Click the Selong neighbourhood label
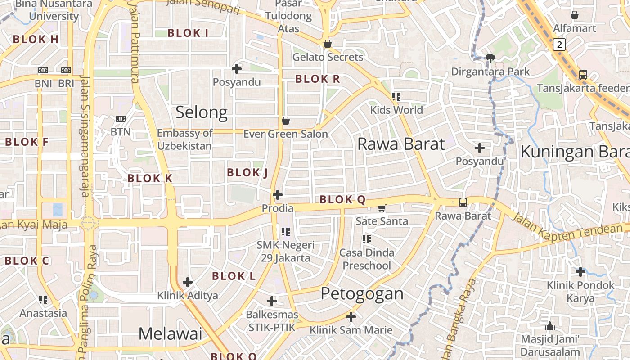tap(201, 112)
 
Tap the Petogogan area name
tap(362, 294)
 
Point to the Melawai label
tap(170, 333)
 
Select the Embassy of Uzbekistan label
tap(184, 139)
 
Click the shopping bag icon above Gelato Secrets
tap(328, 44)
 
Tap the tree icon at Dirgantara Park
tap(490, 58)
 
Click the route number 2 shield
tap(559, 45)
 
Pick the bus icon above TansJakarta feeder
tap(583, 74)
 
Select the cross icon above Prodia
tap(278, 195)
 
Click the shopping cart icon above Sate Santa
tap(382, 208)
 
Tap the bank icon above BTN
tap(120, 119)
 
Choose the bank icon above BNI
tap(43, 70)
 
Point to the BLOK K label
tap(150, 178)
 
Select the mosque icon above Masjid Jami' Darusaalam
tap(549, 326)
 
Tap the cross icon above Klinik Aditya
tap(188, 282)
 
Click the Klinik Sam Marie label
tap(351, 330)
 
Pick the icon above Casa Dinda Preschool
tap(366, 239)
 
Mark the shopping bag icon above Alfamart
tap(575, 15)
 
